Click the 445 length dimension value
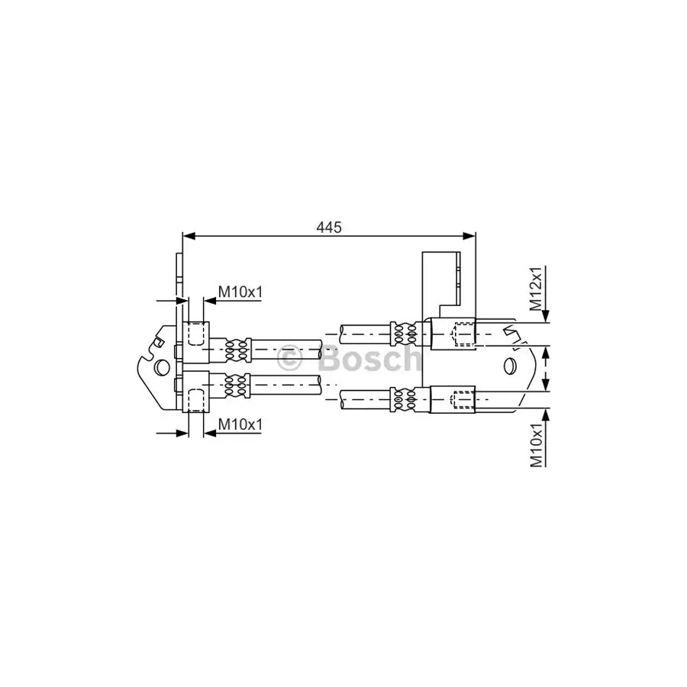pos(329,227)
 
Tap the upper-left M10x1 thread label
pos(240,291)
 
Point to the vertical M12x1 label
pos(536,288)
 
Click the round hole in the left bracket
pos(162,367)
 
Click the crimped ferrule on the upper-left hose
pos(237,349)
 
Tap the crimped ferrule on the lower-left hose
pos(237,385)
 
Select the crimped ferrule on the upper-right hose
pos(405,333)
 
